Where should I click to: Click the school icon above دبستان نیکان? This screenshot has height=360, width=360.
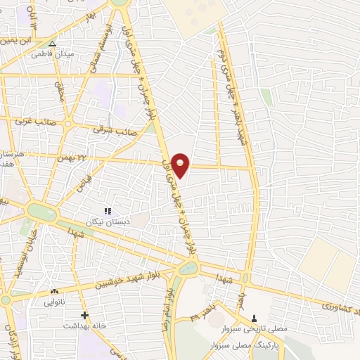coord(108,211)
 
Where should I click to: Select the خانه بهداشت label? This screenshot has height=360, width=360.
coord(84,326)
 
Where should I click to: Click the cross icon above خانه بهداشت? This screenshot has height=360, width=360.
coord(84,315)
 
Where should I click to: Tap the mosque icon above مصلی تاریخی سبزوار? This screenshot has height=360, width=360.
coord(255,319)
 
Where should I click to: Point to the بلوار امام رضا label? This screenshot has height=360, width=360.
coord(165,310)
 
